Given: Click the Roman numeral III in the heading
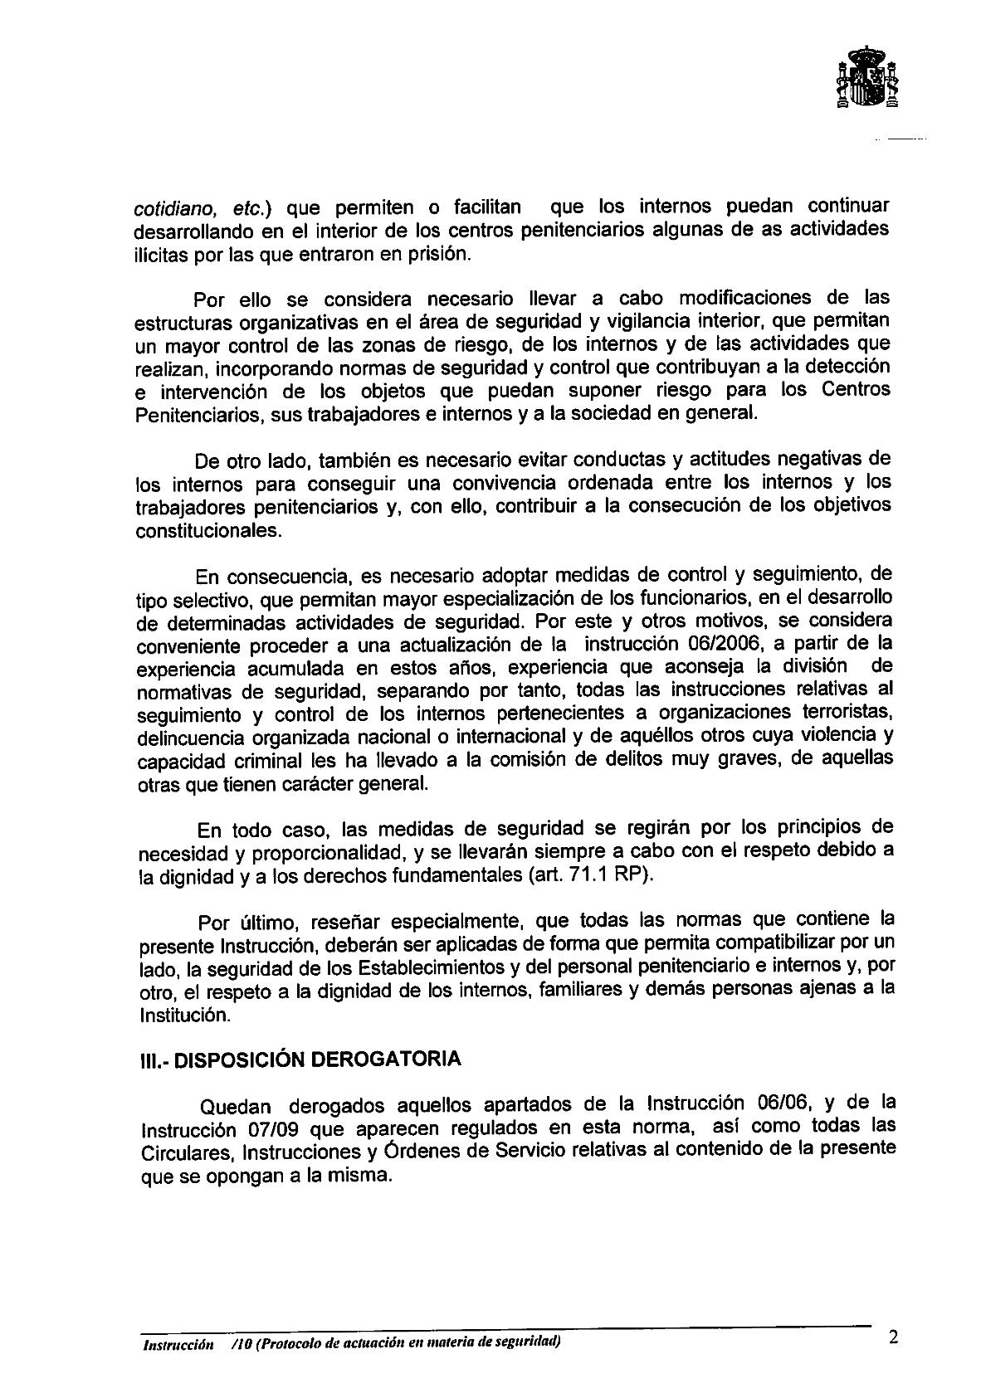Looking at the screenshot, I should [146, 1060].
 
